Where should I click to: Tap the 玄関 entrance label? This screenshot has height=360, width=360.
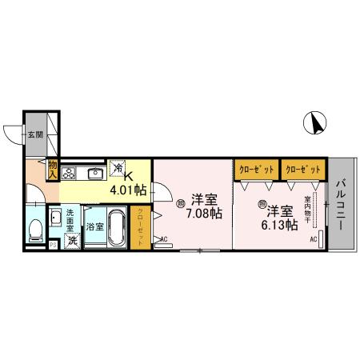[35, 134]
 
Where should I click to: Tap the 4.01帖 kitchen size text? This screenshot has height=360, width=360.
[127, 190]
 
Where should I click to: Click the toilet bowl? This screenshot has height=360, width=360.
[35, 230]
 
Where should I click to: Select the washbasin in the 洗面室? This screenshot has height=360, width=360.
[56, 218]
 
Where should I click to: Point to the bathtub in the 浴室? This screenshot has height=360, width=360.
[117, 227]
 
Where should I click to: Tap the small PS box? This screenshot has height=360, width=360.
[53, 245]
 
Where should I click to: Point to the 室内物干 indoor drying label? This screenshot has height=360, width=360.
[307, 210]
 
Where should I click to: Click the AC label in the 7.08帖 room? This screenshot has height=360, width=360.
[164, 238]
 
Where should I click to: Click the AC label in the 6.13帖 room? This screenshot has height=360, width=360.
[313, 238]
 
